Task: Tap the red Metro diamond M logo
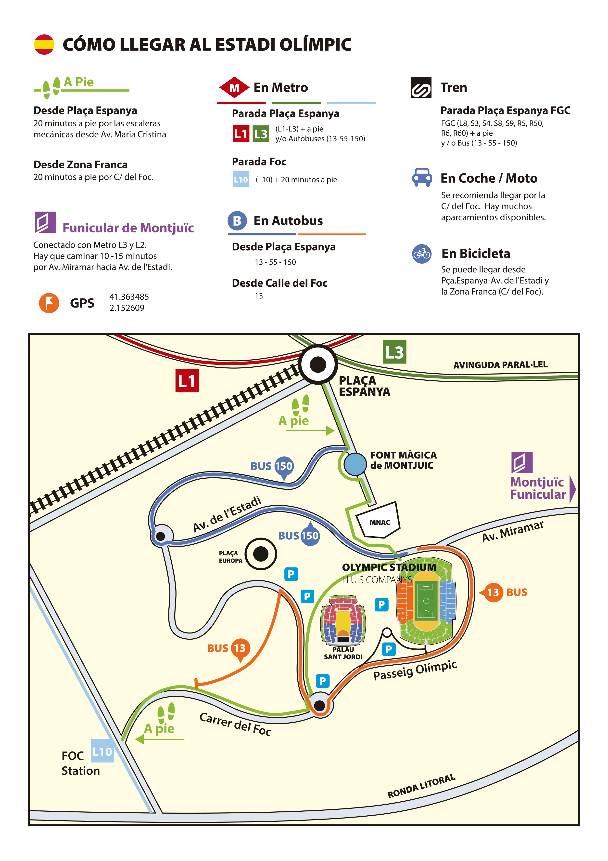234,87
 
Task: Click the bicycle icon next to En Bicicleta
422,254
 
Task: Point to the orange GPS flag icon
49,303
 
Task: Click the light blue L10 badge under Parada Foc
241,179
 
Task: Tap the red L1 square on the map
187,381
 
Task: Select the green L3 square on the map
394,352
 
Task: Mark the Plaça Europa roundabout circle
261,553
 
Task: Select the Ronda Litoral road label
421,786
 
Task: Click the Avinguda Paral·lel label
500,364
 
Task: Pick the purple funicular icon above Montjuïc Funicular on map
522,462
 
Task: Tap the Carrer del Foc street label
235,724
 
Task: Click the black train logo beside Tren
421,87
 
